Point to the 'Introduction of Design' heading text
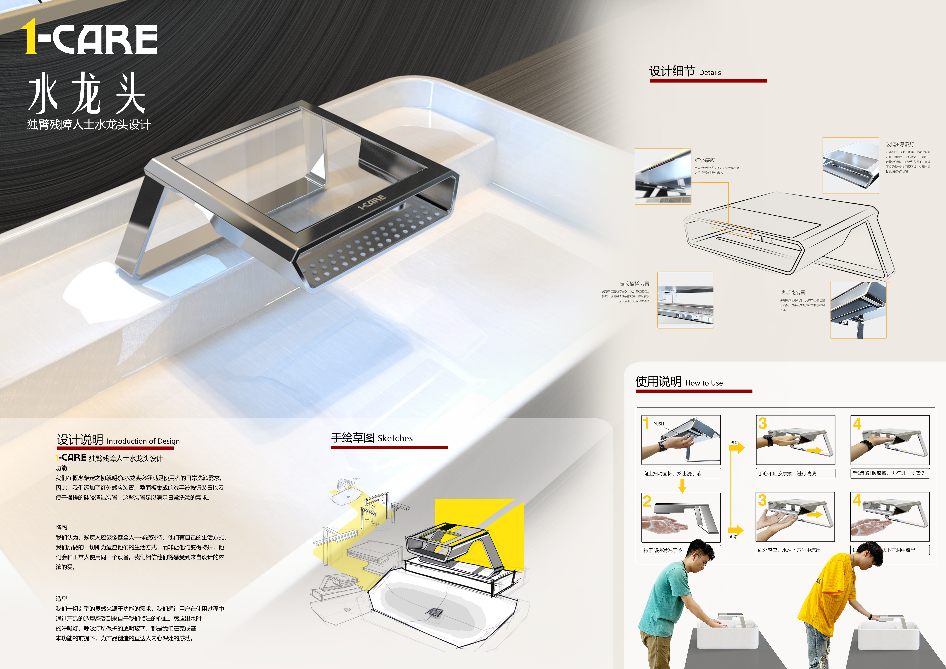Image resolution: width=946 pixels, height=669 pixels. [143, 441]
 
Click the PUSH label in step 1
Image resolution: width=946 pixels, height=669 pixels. [658, 424]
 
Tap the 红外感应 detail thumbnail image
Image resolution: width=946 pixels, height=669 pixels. [662, 176]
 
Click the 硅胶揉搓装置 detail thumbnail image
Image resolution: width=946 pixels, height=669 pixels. [685, 300]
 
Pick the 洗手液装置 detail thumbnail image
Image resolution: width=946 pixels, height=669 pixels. [858, 310]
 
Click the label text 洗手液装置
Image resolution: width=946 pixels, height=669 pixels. [792, 293]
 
